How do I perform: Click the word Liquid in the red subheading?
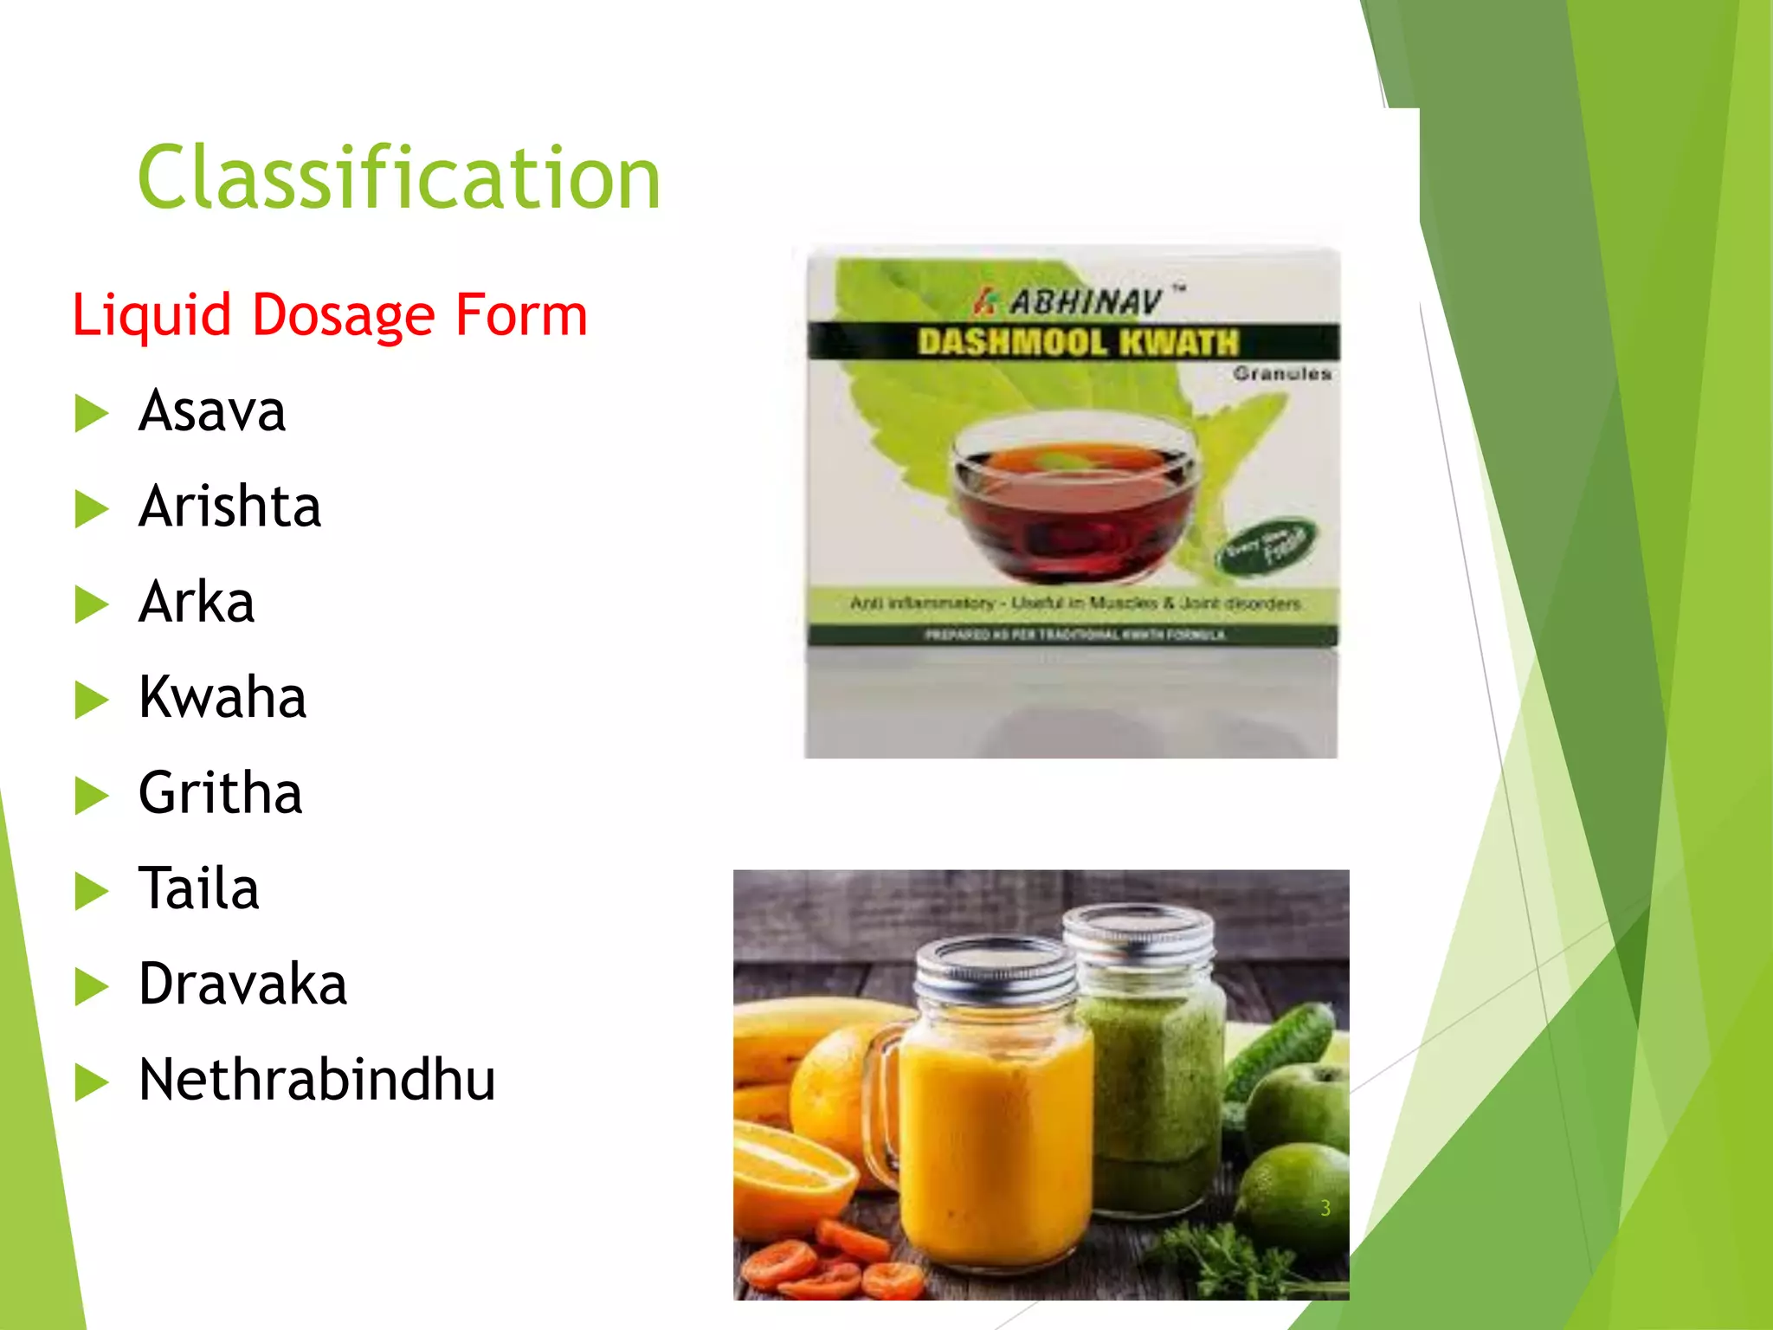click(152, 315)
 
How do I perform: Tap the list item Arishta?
click(229, 507)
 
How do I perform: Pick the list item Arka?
click(197, 602)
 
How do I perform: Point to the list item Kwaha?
click(222, 698)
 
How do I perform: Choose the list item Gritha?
click(221, 793)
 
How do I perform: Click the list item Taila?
click(199, 889)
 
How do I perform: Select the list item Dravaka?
click(242, 985)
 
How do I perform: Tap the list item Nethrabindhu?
click(317, 1081)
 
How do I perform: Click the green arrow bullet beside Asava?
click(91, 413)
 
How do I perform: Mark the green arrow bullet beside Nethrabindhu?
click(91, 1082)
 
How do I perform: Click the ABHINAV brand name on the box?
click(1086, 302)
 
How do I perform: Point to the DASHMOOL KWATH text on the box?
click(1078, 343)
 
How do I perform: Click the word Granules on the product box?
click(1282, 374)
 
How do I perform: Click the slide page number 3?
click(1325, 1209)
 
